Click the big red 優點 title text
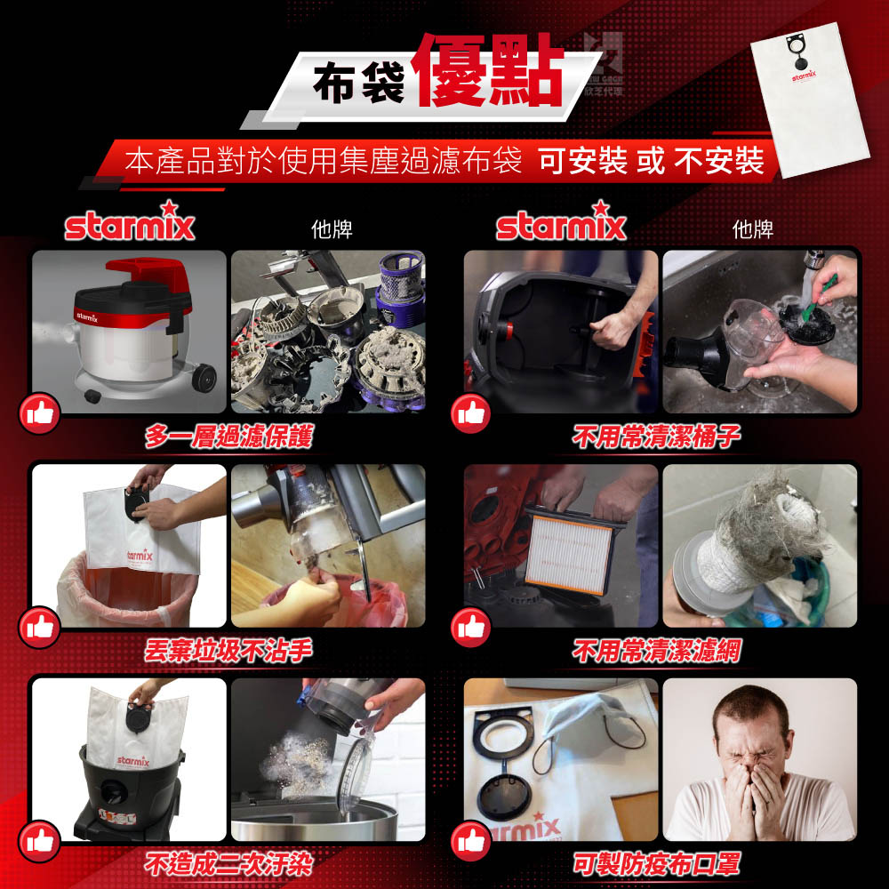490,70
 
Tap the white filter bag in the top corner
810,100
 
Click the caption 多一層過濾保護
228,436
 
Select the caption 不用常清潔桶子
656,436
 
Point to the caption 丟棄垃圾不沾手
228,651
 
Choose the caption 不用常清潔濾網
656,651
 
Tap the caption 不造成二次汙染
228,864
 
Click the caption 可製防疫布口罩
656,864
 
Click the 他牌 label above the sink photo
753,229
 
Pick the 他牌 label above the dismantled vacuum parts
332,229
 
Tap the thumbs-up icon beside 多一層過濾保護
39,413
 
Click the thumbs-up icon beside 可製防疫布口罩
471,841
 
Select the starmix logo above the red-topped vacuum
130,222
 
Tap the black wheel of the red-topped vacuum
204,377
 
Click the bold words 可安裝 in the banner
583,161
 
